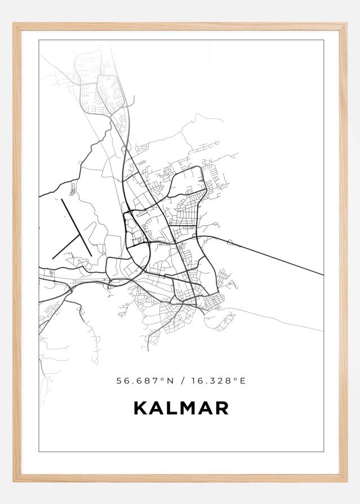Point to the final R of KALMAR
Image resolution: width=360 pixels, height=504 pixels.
click(x=221, y=408)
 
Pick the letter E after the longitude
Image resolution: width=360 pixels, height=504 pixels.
click(x=243, y=381)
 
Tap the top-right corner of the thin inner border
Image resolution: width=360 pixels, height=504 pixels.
click(x=323, y=41)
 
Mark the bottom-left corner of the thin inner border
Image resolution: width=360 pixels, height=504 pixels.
click(x=39, y=451)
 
